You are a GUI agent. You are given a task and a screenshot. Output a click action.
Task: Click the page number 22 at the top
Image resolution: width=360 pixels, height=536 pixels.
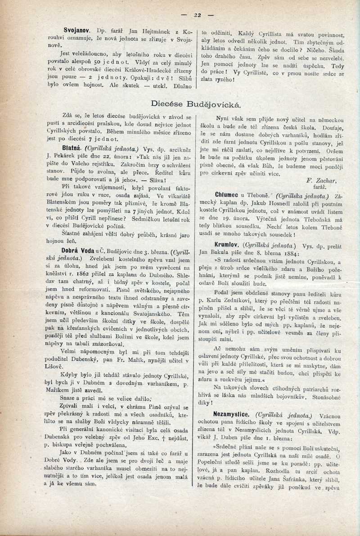[197, 14]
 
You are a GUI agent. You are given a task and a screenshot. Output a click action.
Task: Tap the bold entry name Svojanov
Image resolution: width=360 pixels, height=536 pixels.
[77, 30]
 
